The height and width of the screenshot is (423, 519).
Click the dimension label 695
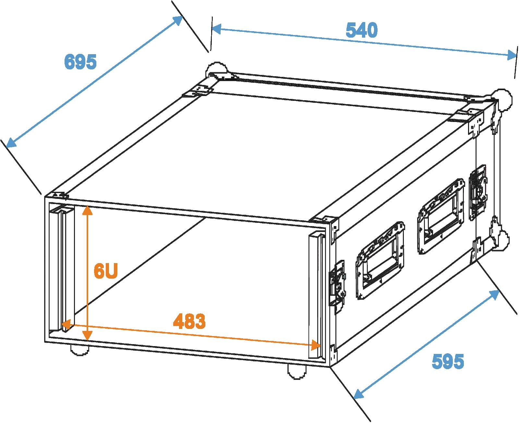pyautogui.click(x=80, y=62)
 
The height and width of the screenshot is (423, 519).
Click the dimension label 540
pyautogui.click(x=362, y=30)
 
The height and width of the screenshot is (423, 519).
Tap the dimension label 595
pyautogui.click(x=448, y=361)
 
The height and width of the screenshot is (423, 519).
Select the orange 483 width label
pyautogui.click(x=189, y=321)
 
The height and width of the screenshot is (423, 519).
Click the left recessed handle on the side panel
pyautogui.click(x=381, y=260)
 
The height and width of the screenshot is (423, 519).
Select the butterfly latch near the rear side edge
pyautogui.click(x=478, y=192)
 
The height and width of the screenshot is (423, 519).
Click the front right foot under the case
pyautogui.click(x=298, y=371)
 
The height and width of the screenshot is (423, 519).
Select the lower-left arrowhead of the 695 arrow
pyautogui.click(x=11, y=142)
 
